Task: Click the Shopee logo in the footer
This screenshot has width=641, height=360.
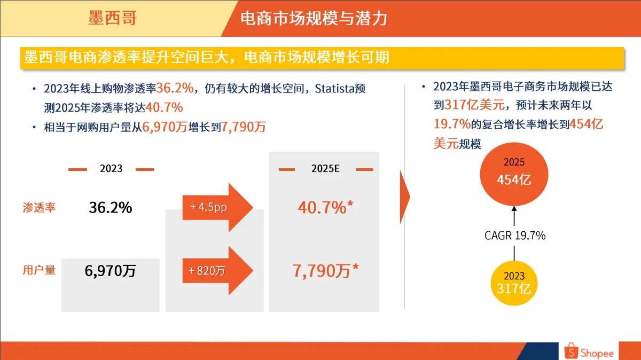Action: pos(589,351)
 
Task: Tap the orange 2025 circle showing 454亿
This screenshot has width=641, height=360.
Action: pos(514,174)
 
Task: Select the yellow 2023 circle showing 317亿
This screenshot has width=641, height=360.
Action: pos(514,283)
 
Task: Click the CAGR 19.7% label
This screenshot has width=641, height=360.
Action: pos(515,236)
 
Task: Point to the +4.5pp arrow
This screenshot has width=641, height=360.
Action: pos(218,207)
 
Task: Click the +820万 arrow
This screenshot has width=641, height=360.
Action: pos(218,270)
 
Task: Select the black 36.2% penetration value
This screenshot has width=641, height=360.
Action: pos(111,207)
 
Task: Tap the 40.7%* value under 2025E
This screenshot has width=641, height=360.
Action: pos(325,207)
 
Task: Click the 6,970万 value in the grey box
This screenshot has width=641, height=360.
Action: pos(110,271)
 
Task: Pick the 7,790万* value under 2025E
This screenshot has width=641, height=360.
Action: pos(325,270)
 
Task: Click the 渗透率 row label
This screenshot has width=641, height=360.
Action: pos(39,207)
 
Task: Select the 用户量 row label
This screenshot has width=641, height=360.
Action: pos(39,270)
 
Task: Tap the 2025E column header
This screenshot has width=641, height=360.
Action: pos(325,169)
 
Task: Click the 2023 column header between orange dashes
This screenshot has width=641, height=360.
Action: pos(111,169)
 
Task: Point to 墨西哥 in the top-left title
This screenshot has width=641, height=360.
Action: pos(113,18)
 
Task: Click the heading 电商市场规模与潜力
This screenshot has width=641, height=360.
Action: pos(314,18)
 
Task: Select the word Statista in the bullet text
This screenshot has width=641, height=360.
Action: pos(334,89)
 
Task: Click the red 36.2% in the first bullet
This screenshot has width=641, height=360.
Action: pos(175,88)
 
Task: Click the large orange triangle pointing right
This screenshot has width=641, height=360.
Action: pos(404,197)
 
